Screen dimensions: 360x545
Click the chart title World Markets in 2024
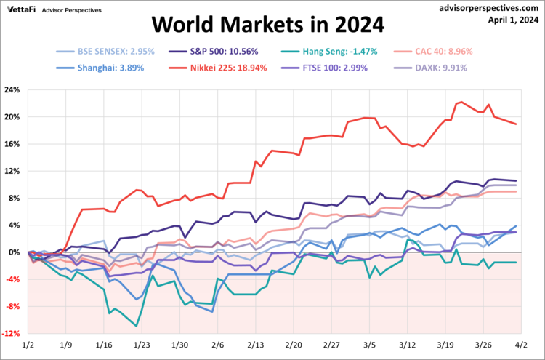(267, 25)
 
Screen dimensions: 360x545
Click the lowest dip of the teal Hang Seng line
(137, 326)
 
